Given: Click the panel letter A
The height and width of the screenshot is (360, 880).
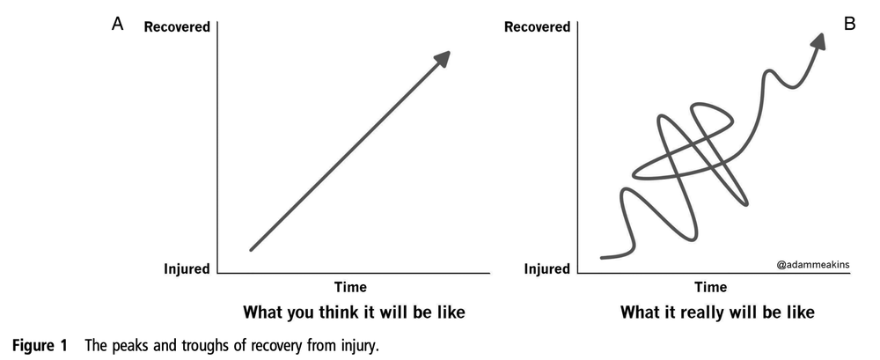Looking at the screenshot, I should click(117, 25).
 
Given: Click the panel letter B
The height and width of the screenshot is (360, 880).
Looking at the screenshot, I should click(849, 24).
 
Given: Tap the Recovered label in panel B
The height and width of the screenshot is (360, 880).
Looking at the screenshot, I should click(537, 27).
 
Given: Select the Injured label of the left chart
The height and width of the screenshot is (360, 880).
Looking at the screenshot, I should click(185, 269).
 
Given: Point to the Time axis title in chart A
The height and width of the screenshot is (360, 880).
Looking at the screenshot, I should click(350, 287).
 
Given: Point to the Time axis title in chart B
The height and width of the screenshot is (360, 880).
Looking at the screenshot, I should click(711, 287).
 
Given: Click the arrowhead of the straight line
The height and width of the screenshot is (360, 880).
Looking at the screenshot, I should click(443, 58).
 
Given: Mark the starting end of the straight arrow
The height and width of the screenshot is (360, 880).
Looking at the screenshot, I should click(251, 250).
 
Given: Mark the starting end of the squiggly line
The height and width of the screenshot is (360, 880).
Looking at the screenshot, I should click(603, 258).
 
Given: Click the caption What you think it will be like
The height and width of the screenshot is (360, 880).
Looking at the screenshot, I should click(353, 312).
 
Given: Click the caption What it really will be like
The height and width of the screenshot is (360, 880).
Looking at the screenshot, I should click(717, 312).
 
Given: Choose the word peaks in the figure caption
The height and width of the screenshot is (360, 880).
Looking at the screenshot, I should click(130, 345).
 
